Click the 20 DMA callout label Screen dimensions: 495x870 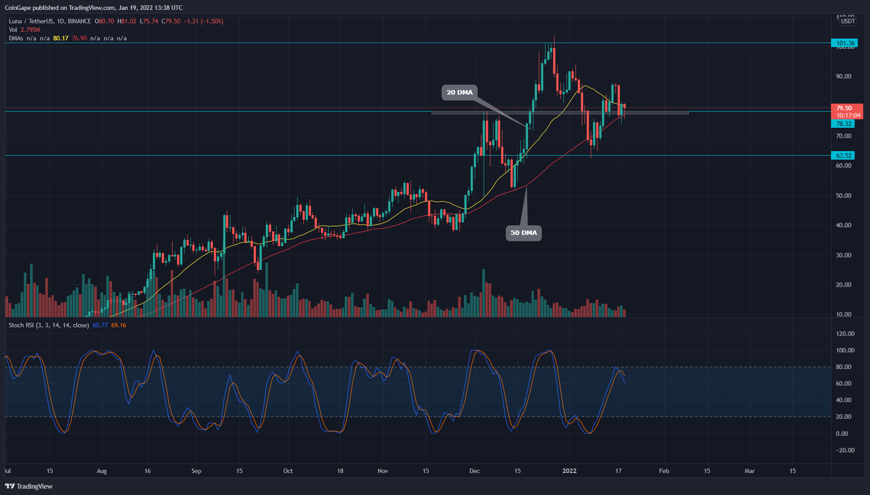pos(459,92)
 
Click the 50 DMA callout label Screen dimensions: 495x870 pos(524,233)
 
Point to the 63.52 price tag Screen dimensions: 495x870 pos(843,156)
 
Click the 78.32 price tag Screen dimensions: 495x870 pos(843,124)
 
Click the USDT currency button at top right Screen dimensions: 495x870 pos(848,21)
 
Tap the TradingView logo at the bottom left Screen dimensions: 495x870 pos(29,486)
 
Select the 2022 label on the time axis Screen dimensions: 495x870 pos(569,471)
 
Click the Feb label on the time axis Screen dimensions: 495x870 pos(664,471)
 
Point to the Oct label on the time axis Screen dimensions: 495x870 pos(288,471)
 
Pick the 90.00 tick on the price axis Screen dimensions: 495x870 pos(843,76)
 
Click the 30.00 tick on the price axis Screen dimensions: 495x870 pos(843,255)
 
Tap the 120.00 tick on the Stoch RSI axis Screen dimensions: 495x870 pos(845,334)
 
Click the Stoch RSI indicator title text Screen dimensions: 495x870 pos(48,325)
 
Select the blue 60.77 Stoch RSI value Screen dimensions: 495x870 pos(100,325)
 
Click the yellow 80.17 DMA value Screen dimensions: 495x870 pos(61,38)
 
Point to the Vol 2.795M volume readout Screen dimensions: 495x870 pos(25,30)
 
